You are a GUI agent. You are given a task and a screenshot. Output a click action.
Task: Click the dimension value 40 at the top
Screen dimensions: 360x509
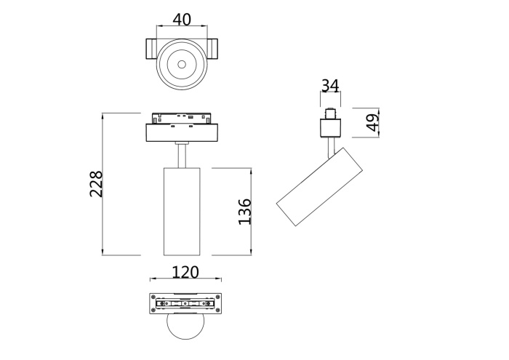(x=182, y=20)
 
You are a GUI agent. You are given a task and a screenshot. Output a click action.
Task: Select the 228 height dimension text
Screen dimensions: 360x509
(x=96, y=184)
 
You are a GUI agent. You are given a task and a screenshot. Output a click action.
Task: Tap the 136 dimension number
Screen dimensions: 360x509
(x=244, y=212)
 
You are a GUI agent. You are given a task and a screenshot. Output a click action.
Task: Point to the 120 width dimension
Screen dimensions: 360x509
(x=185, y=272)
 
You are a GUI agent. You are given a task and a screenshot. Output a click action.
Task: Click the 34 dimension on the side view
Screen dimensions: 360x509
(x=330, y=86)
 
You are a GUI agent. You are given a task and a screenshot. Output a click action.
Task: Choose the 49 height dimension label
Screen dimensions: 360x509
(x=373, y=123)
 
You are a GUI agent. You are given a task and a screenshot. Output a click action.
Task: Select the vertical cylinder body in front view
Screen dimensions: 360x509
(x=182, y=211)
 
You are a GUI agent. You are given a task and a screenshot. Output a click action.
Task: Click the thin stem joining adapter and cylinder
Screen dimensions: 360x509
(x=182, y=154)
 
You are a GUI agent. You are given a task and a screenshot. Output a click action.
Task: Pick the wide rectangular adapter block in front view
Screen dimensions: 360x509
(x=182, y=133)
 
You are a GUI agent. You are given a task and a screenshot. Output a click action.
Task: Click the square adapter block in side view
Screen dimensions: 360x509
(x=331, y=129)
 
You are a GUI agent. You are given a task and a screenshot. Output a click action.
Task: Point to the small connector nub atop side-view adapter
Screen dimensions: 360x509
(x=331, y=114)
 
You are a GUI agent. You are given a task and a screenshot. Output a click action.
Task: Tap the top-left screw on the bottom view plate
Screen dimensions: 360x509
(x=153, y=297)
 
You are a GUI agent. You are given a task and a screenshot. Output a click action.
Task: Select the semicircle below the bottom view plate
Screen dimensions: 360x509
(x=185, y=329)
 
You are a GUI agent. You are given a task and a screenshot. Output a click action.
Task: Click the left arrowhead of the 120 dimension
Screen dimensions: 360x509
(x=152, y=281)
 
